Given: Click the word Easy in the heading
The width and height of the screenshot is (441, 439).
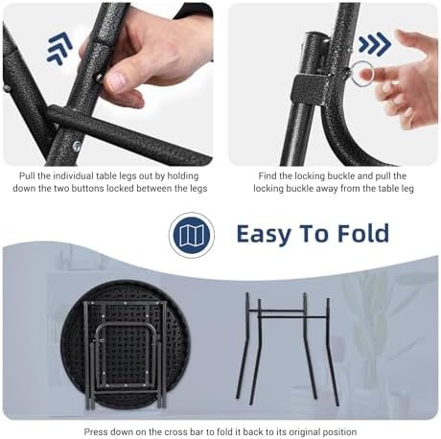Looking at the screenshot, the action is (263, 234).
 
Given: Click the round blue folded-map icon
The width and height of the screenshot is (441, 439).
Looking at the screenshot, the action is (192, 236).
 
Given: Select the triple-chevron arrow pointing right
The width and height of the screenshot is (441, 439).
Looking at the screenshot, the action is (374, 42).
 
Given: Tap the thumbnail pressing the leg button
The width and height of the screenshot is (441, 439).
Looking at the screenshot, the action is (115, 81).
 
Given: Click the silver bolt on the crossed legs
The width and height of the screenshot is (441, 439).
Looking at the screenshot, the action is (77, 147).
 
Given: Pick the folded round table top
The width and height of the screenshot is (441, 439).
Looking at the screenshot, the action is (125, 345).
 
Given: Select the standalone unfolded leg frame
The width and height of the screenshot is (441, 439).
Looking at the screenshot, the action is (287, 349).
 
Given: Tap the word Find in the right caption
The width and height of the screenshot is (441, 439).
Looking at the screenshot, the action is (267, 176).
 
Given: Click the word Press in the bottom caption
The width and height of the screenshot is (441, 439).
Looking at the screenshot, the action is (96, 432).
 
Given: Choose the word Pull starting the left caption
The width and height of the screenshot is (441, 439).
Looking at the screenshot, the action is (27, 176).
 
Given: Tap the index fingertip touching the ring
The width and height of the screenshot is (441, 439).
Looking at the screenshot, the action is (365, 74).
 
